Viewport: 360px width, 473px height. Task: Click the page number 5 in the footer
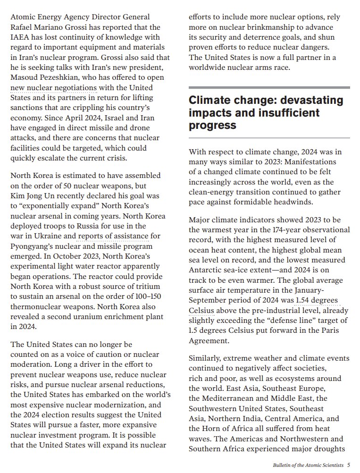348,465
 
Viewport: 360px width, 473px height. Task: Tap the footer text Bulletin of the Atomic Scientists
308,465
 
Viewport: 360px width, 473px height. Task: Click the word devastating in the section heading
312,101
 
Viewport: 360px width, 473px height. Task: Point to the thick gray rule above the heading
269,87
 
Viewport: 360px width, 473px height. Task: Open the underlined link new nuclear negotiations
53,88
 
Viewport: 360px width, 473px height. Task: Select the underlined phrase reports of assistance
113,236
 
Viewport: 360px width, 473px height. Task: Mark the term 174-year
285,230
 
